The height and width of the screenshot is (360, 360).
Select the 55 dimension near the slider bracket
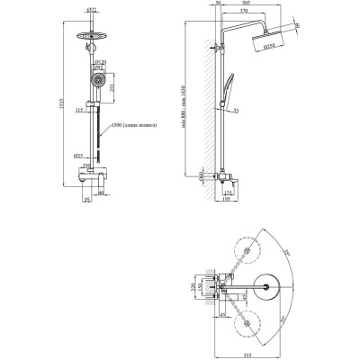(234, 111)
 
